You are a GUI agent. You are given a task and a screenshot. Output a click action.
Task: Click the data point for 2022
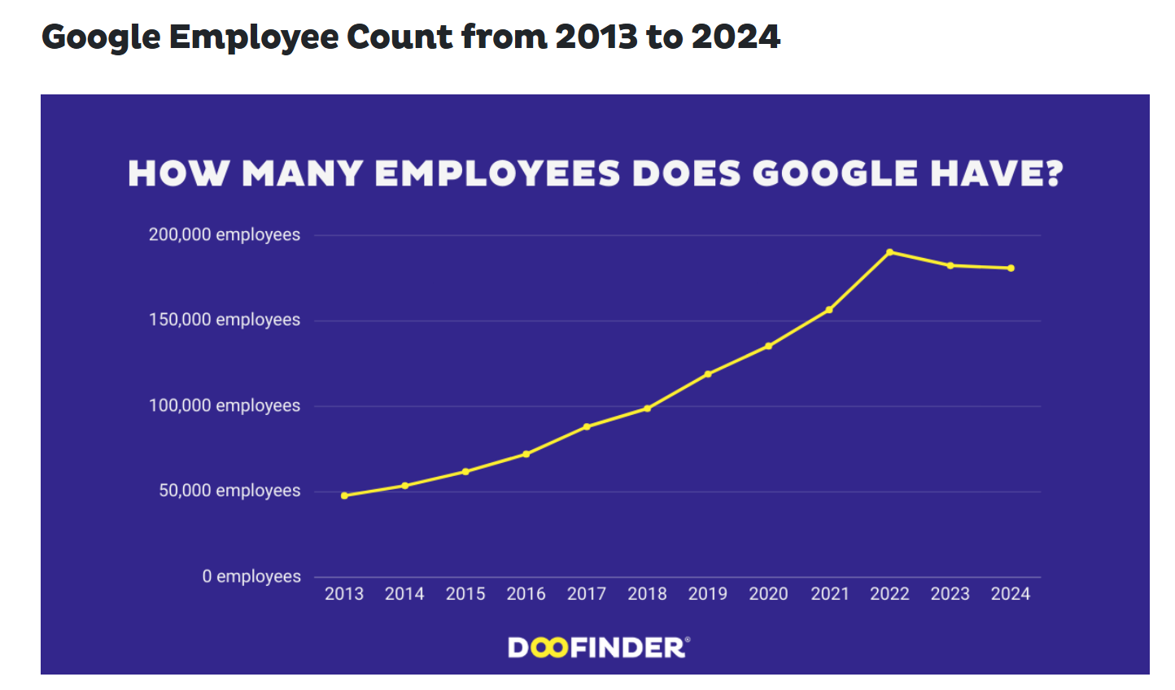click(889, 252)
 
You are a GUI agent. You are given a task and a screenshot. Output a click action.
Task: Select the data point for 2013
click(344, 496)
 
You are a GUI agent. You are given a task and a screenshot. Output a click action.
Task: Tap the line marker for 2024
click(1011, 268)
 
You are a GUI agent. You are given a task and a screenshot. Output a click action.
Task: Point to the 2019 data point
click(708, 374)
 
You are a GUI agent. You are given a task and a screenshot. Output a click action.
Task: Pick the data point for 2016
click(526, 454)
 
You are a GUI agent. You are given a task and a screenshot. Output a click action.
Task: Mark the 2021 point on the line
click(829, 309)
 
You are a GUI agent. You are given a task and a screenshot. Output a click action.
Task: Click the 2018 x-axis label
click(647, 594)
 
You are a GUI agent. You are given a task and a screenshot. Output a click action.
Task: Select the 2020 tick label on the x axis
click(768, 594)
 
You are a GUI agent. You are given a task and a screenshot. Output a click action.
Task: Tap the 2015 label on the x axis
click(465, 594)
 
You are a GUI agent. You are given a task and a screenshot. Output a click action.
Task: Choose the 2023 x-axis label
click(950, 594)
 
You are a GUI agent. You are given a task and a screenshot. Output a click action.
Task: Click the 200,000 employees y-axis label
click(224, 235)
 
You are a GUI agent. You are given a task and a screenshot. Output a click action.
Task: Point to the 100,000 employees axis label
click(224, 406)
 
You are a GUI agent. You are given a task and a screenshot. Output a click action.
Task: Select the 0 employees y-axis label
click(251, 577)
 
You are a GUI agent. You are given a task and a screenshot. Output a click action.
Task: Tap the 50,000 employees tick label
click(229, 491)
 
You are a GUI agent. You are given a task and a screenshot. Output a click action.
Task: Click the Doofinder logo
click(598, 648)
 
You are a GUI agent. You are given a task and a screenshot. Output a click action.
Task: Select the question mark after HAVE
click(1055, 173)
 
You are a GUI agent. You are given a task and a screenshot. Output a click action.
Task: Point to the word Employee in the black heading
click(253, 37)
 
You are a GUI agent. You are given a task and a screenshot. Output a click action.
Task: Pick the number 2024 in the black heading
click(736, 37)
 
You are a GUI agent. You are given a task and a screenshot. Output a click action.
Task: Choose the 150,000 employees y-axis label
click(224, 320)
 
